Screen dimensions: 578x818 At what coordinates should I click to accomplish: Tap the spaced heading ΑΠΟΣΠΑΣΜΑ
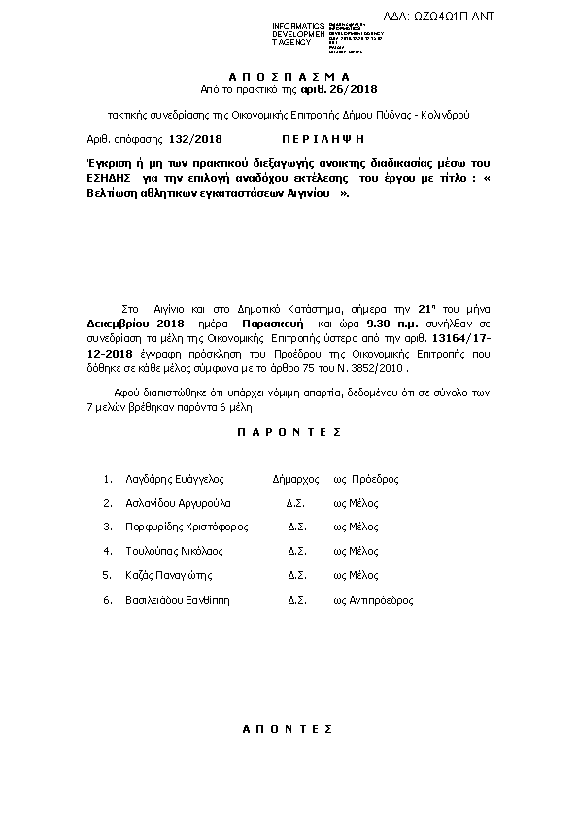pos(289,75)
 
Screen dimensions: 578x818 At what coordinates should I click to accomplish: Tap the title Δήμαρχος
pos(295,479)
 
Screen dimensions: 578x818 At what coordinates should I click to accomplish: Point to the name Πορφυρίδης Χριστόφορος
pos(187,528)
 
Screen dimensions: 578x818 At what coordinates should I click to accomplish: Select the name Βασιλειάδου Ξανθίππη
pos(179,600)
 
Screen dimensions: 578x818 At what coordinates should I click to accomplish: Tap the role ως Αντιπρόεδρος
pos(373,600)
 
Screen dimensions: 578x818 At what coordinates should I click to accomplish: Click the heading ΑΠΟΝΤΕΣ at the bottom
pos(289,727)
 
